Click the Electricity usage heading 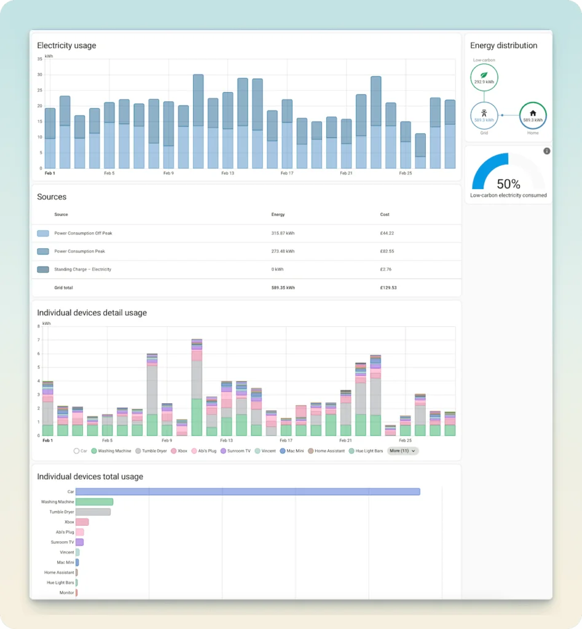(x=66, y=45)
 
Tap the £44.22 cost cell (x=388, y=233)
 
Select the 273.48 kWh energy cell (x=283, y=251)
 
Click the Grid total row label (x=64, y=287)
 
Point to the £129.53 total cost (x=389, y=287)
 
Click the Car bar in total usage (x=248, y=491)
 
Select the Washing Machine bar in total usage (x=94, y=502)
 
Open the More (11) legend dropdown (x=403, y=451)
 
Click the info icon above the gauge (x=547, y=151)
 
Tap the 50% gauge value (x=508, y=184)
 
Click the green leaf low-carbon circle (x=484, y=76)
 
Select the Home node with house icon (x=532, y=115)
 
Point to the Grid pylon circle (x=484, y=115)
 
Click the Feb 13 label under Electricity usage (x=227, y=173)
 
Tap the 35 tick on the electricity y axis (x=39, y=59)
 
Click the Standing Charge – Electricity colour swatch (x=43, y=270)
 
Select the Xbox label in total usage (x=69, y=522)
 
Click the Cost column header (x=385, y=214)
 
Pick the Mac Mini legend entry (x=292, y=451)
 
